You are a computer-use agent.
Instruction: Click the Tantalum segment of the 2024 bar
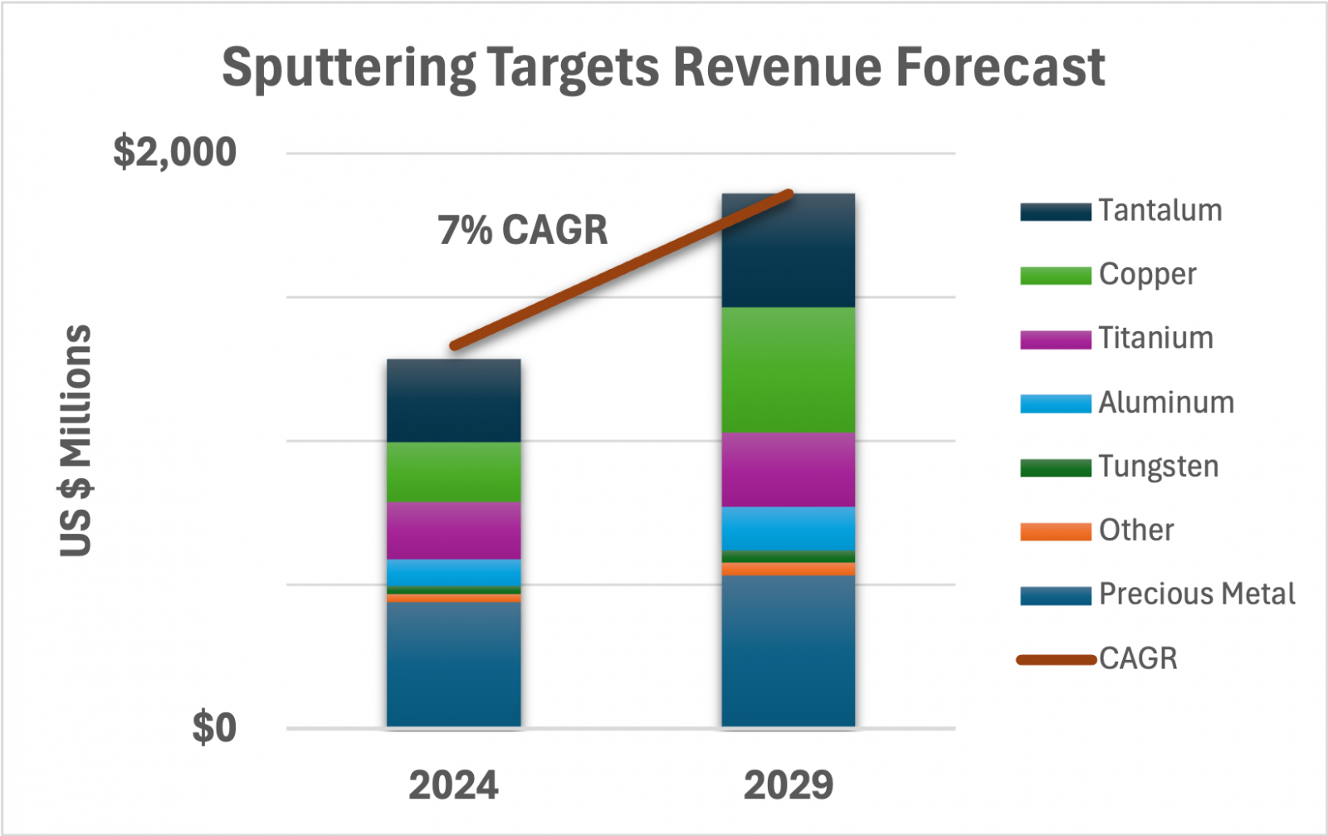[x=453, y=400]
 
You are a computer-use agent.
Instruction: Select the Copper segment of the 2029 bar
[x=788, y=369]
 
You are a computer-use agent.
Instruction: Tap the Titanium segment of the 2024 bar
[x=453, y=530]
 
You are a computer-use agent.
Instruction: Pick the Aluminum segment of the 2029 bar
[x=788, y=528]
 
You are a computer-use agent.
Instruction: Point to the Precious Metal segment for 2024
[x=453, y=664]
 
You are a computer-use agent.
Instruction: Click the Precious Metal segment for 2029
[x=788, y=651]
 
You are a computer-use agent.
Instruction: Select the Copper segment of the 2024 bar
[x=453, y=472]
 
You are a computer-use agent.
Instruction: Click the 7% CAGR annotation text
[x=523, y=230]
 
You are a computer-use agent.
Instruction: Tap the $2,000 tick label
[x=175, y=152]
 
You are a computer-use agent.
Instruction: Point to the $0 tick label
[x=214, y=728]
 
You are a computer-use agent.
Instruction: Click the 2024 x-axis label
[x=453, y=785]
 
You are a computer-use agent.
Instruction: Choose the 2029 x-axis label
[x=788, y=785]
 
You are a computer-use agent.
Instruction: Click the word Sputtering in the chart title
[x=349, y=68]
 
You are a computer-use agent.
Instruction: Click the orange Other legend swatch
[x=1055, y=531]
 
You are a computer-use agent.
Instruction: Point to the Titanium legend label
[x=1155, y=339]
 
